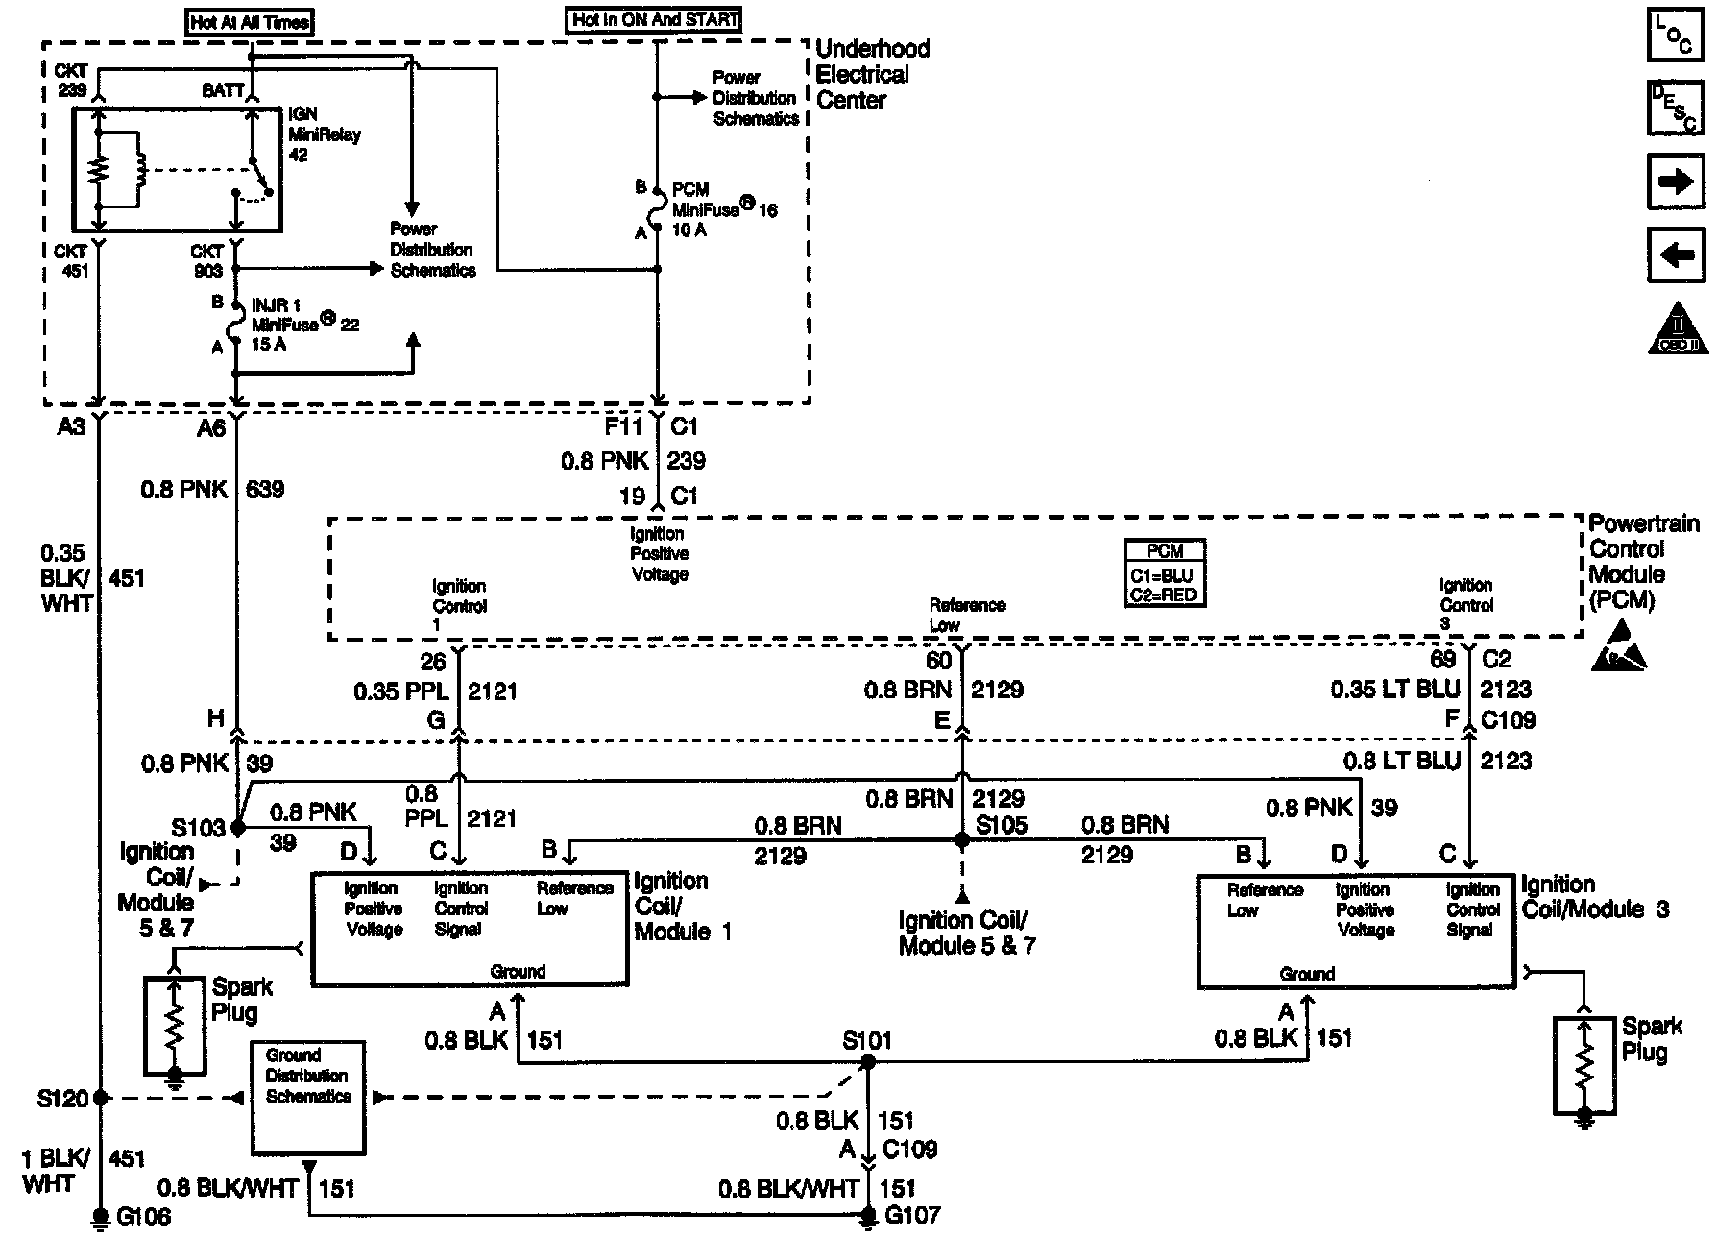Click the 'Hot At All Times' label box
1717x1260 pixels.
tap(251, 22)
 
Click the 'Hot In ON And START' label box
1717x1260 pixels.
tap(656, 20)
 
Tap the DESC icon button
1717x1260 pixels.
tap(1676, 109)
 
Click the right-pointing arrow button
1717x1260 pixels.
tap(1676, 182)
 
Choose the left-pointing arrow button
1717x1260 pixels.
tap(1676, 254)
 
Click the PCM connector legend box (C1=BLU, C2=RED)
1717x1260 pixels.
tap(1165, 572)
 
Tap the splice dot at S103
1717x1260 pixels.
tap(238, 826)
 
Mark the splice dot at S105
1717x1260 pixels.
tap(962, 839)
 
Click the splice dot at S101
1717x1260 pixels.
tap(867, 1062)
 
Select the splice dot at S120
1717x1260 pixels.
tap(100, 1097)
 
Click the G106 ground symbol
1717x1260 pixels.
tap(100, 1218)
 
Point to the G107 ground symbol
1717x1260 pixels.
tap(867, 1216)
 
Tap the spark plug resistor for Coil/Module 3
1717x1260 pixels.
tap(1584, 1062)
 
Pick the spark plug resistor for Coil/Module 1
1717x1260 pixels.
tap(174, 1026)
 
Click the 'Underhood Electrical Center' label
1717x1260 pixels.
tap(872, 74)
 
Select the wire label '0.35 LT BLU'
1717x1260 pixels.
tap(1394, 690)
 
